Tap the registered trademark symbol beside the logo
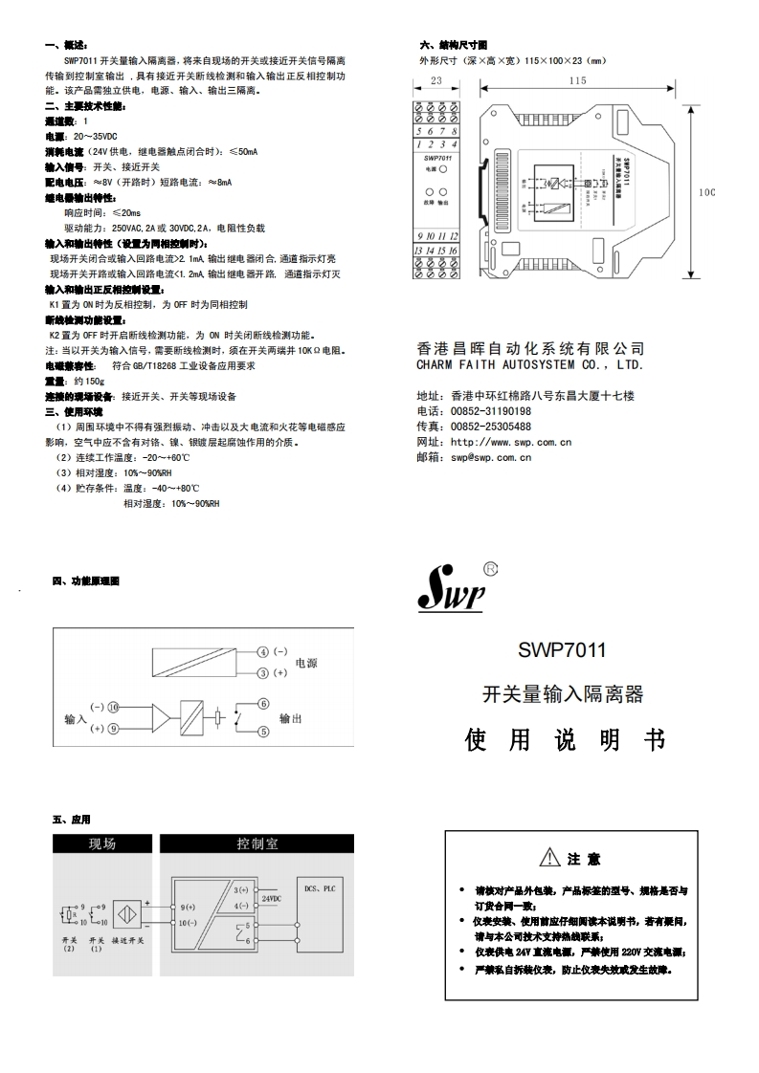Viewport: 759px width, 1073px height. click(x=492, y=568)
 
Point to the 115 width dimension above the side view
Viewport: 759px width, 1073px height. click(x=576, y=81)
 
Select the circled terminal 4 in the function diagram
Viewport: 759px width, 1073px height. click(x=263, y=652)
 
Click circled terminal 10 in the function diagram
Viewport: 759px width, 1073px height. click(x=113, y=707)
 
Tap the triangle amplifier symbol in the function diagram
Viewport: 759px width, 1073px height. click(x=160, y=717)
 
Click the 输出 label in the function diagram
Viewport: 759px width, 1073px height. click(x=291, y=718)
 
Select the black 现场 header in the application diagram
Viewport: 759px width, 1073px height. click(x=101, y=844)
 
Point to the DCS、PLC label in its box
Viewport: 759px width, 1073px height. click(x=320, y=888)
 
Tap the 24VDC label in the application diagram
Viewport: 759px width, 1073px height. click(x=272, y=899)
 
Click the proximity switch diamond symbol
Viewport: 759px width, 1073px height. click(x=126, y=915)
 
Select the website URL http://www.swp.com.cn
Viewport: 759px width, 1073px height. click(x=511, y=442)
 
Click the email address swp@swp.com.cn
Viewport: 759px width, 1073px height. click(x=491, y=457)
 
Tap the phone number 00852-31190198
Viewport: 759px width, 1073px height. click(x=491, y=411)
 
